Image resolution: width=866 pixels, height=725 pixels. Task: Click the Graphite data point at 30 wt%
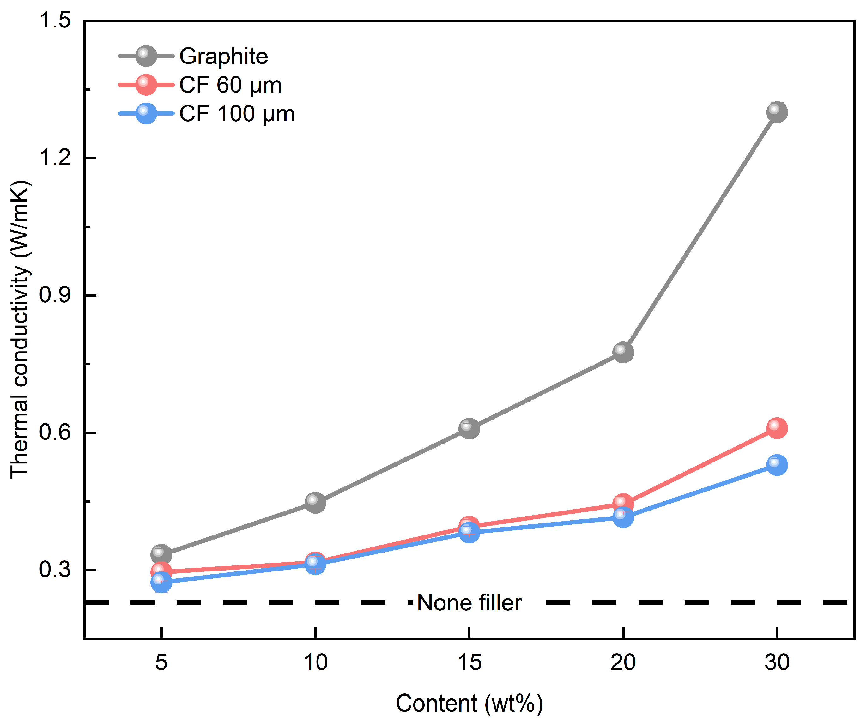[x=777, y=112]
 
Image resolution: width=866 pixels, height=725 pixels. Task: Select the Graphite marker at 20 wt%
[x=623, y=352]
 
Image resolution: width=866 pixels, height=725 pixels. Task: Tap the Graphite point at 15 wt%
[x=469, y=428]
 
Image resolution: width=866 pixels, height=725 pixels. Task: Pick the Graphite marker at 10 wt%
[x=315, y=503]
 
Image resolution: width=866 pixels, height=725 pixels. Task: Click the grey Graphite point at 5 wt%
[x=161, y=554]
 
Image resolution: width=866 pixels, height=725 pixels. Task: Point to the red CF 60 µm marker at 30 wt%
[x=777, y=428]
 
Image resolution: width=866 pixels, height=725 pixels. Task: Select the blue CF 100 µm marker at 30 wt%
[x=777, y=465]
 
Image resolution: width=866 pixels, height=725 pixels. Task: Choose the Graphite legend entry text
[x=223, y=56]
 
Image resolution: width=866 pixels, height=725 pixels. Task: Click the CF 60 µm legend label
[x=230, y=85]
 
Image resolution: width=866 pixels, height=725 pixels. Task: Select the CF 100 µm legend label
[x=237, y=113]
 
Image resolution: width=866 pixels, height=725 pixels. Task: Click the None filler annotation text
[x=469, y=602]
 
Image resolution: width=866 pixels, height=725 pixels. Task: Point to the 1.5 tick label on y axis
[x=55, y=20]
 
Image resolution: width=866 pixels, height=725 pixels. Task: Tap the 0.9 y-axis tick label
[x=55, y=295]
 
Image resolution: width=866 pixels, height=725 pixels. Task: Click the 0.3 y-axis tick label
[x=55, y=570]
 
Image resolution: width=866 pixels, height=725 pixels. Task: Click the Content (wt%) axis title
[x=469, y=703]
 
